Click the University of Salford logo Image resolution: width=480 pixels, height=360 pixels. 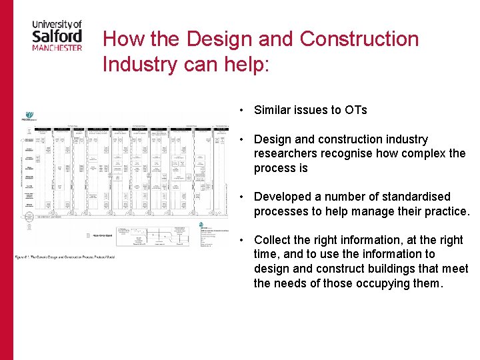tap(57, 34)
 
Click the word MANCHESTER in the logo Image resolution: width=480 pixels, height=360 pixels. tap(57, 47)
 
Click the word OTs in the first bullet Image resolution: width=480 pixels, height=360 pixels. tap(355, 110)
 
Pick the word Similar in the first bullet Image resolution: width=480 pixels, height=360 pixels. tap(273, 110)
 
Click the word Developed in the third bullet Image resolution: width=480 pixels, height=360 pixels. tap(283, 197)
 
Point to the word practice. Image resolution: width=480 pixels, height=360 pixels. tap(446, 211)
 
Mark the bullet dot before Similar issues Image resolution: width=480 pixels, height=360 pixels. tap(245, 110)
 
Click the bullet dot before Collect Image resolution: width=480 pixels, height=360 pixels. tap(245, 240)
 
